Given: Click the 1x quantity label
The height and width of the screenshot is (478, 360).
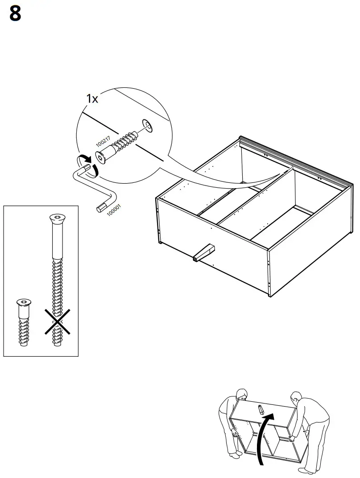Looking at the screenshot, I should [92, 99].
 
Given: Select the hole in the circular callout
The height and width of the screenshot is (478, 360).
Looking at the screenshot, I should [146, 126].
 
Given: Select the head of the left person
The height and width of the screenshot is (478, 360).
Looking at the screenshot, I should [241, 394].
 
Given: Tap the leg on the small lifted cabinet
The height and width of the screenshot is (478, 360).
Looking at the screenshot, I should [260, 409].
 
